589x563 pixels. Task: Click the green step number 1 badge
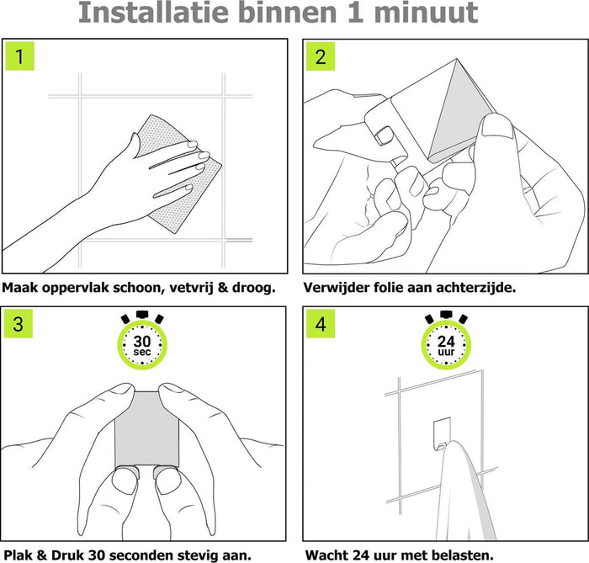click(x=20, y=56)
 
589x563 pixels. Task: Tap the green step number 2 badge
click(x=321, y=56)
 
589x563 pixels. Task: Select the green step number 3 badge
click(x=19, y=323)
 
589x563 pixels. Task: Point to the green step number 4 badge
click(x=321, y=323)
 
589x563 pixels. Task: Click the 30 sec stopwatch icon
click(x=142, y=340)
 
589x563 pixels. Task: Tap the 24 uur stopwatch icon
click(x=446, y=340)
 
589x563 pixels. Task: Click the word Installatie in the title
click(x=153, y=13)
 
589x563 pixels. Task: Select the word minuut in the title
click(x=426, y=13)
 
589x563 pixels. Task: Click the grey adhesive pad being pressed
click(x=147, y=429)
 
